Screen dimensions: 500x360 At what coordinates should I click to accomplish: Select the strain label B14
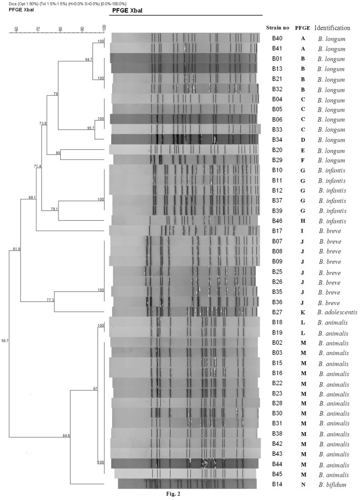pyautogui.click(x=278, y=484)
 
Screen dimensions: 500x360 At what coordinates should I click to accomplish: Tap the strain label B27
pyautogui.click(x=278, y=312)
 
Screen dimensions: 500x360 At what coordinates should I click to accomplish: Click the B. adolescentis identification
pyautogui.click(x=332, y=312)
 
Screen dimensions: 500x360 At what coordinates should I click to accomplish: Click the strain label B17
pyautogui.click(x=278, y=231)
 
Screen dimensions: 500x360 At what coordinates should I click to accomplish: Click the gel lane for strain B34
pyautogui.click(x=184, y=139)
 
